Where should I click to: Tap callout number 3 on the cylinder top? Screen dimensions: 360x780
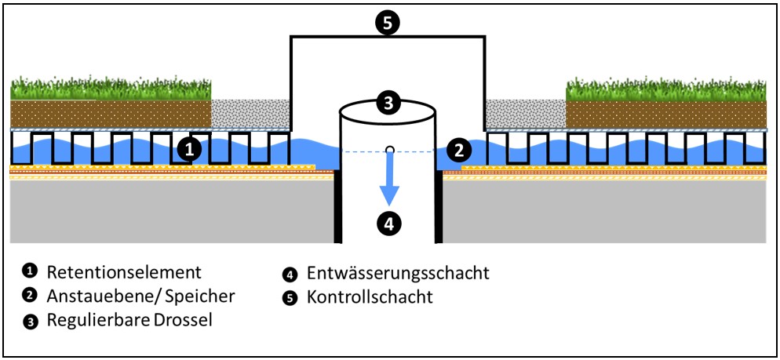pyautogui.click(x=388, y=102)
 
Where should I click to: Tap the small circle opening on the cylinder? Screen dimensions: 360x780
pyautogui.click(x=389, y=149)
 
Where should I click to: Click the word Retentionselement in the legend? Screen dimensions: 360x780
pyautogui.click(x=124, y=272)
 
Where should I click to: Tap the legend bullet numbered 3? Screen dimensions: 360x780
pyautogui.click(x=29, y=320)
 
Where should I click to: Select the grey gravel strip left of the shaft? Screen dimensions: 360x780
pyautogui.click(x=251, y=114)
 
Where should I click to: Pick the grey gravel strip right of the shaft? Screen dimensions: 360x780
pyautogui.click(x=525, y=114)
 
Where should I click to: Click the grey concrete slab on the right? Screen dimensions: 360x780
pyautogui.click(x=604, y=212)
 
